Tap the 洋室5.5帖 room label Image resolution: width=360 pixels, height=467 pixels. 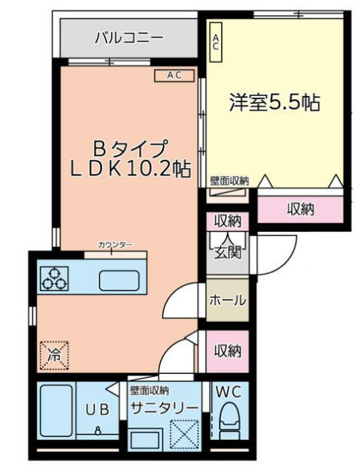click(x=275, y=104)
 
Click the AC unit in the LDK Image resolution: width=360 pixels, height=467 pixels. click(x=174, y=74)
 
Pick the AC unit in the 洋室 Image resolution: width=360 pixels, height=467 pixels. click(x=215, y=42)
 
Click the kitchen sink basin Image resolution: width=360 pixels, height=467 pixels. click(x=119, y=279)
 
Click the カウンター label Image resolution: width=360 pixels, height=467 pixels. click(x=114, y=245)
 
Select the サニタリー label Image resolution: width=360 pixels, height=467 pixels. click(x=165, y=407)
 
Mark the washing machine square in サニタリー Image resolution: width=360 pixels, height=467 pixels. click(x=183, y=433)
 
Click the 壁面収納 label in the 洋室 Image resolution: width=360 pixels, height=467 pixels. click(x=229, y=180)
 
